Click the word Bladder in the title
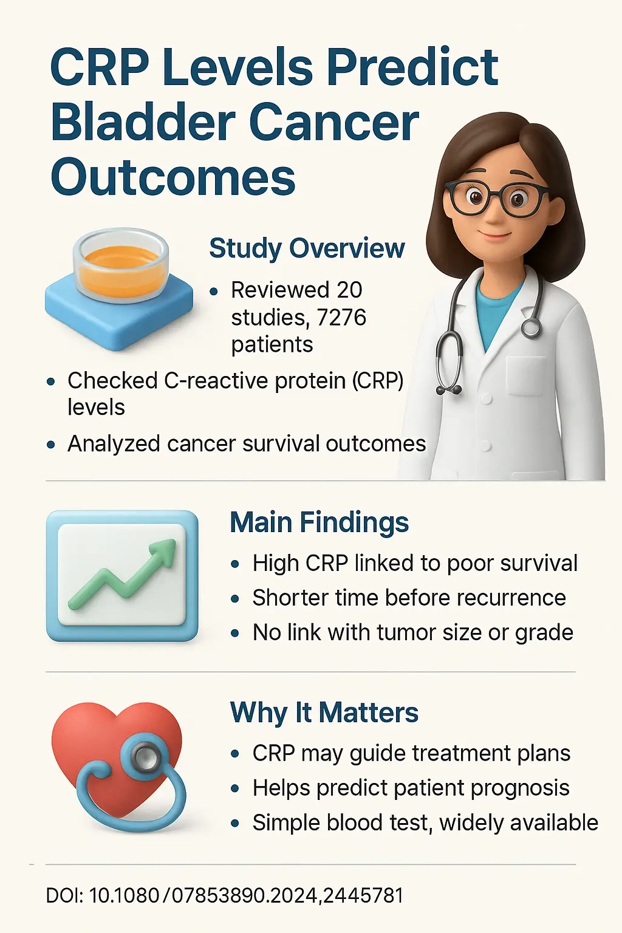(143, 123)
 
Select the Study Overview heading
(307, 248)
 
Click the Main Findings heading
(319, 522)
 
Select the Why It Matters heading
(324, 713)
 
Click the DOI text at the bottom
(225, 895)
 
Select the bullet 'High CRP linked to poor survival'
(415, 563)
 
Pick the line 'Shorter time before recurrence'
(409, 598)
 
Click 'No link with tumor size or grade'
(412, 632)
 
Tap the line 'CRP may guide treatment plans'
(411, 753)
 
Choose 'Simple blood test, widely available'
(425, 822)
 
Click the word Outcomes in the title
(173, 177)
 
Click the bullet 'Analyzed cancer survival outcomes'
(247, 443)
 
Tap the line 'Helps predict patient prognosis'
(411, 788)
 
